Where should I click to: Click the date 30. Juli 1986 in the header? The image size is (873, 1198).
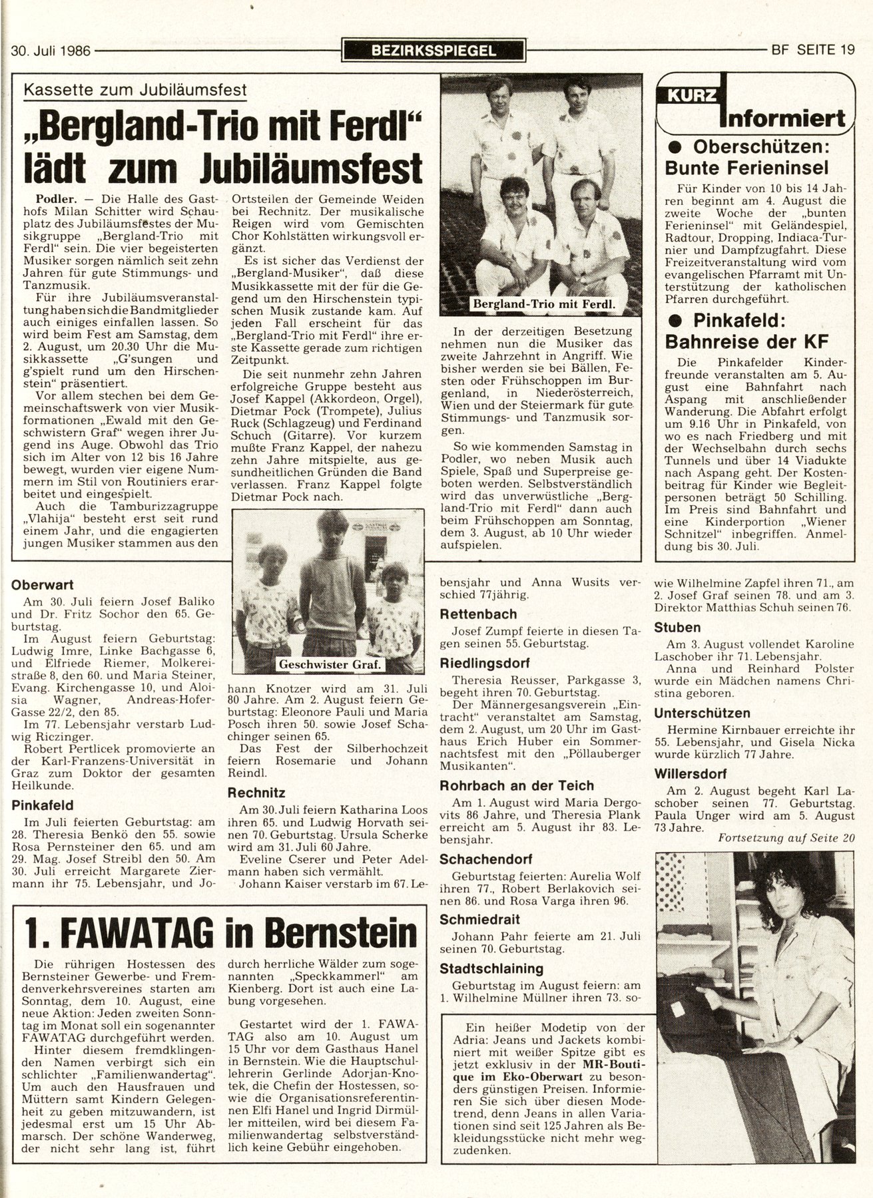click(x=52, y=49)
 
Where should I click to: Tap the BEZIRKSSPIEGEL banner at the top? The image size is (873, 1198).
click(x=433, y=50)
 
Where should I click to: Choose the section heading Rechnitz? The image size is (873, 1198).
click(x=256, y=793)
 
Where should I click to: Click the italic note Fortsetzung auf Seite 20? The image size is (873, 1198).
click(x=786, y=838)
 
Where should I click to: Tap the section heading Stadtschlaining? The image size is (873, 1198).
click(x=491, y=968)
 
